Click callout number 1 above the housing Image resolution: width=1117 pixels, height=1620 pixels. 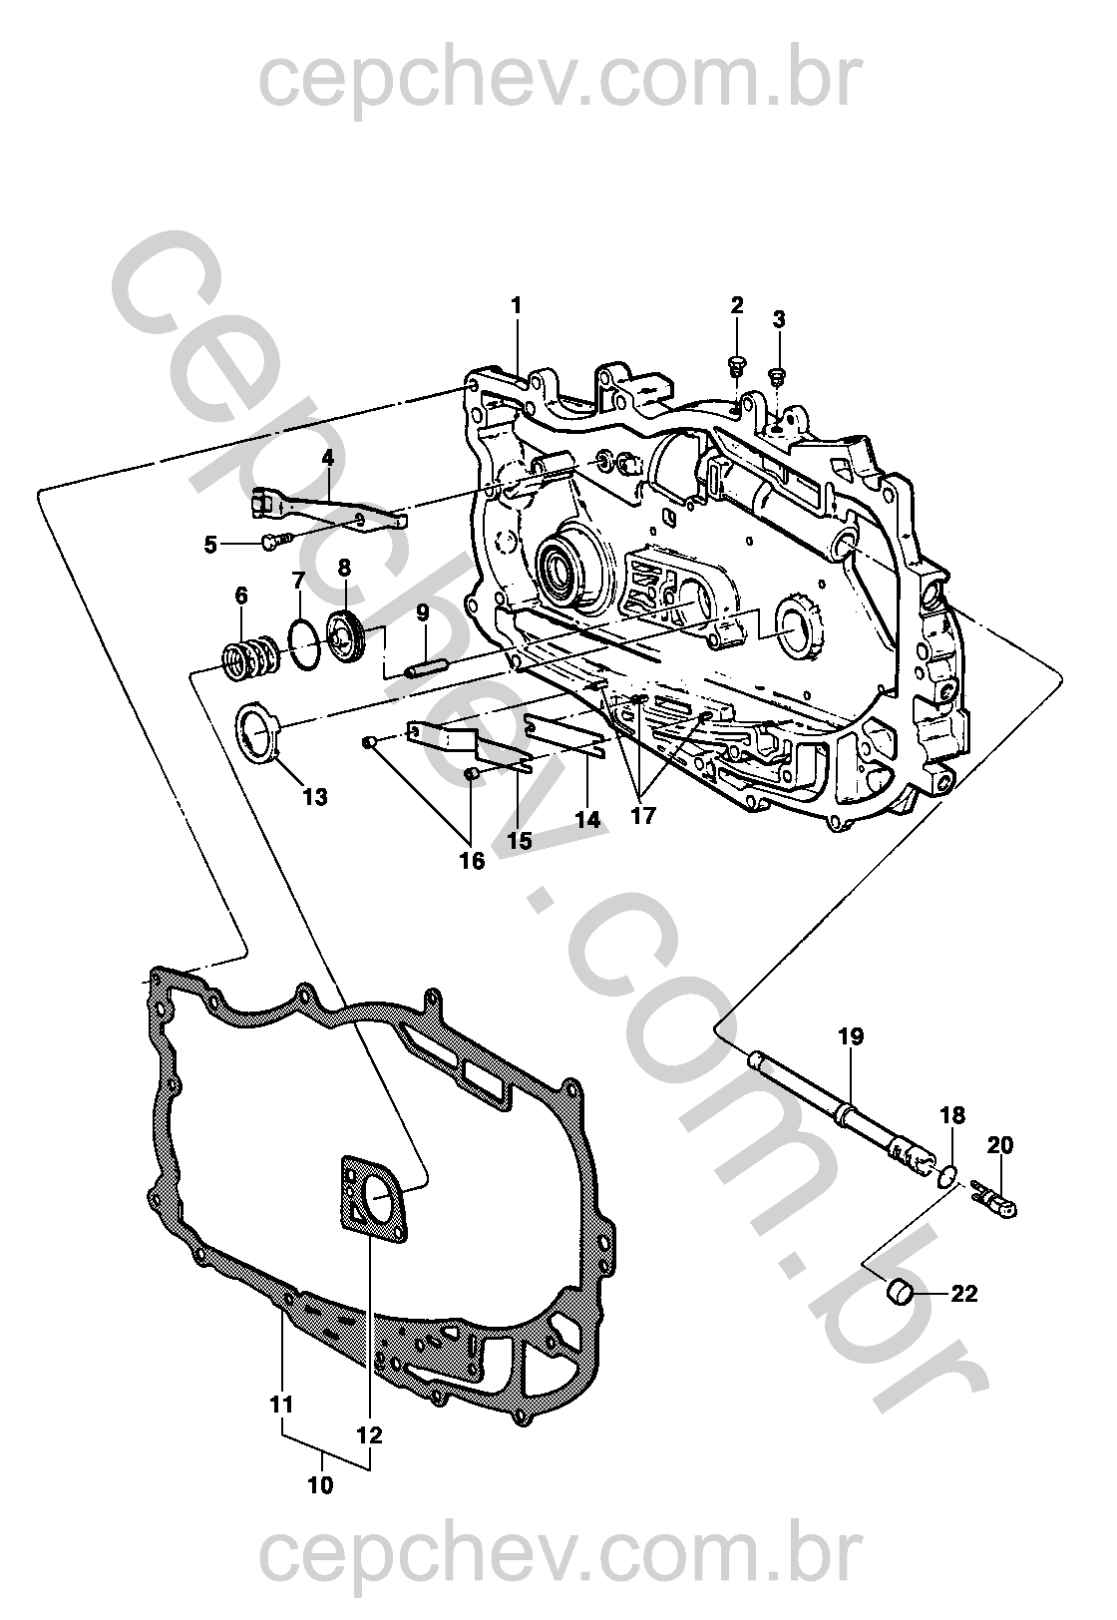pyautogui.click(x=517, y=306)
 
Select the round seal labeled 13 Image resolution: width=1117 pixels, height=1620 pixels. pyautogui.click(x=258, y=735)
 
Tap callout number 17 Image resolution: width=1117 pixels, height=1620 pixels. pyautogui.click(x=642, y=815)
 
